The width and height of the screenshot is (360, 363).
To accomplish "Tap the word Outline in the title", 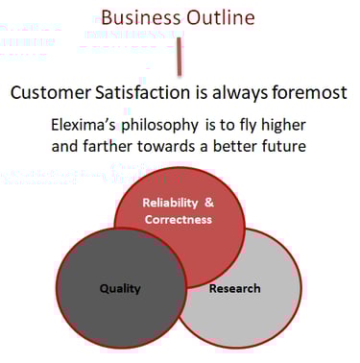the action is click(221, 17).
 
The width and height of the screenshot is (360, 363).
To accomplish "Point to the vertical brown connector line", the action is click(180, 57).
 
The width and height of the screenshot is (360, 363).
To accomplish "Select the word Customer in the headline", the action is click(51, 92).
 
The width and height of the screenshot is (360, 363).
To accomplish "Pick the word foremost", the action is click(310, 92).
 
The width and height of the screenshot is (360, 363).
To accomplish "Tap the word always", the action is click(240, 93).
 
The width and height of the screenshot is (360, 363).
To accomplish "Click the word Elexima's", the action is click(84, 125).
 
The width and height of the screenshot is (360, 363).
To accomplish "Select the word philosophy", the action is click(159, 126).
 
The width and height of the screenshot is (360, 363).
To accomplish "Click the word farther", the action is click(108, 146).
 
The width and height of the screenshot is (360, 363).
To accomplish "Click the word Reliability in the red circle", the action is click(170, 203).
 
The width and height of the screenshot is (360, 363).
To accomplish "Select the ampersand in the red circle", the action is click(209, 203).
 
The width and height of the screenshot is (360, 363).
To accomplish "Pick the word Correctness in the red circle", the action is click(179, 220).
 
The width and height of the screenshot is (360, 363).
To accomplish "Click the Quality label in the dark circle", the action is click(120, 289).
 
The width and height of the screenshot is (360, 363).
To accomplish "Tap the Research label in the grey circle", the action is click(234, 288).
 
